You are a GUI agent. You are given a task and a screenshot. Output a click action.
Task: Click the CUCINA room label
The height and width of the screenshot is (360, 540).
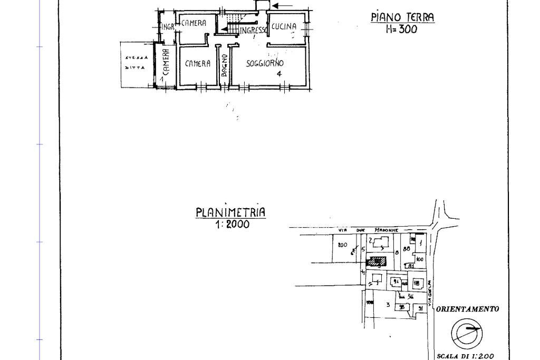tap(284, 26)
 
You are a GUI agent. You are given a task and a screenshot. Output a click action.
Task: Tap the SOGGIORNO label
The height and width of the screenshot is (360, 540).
tap(265, 63)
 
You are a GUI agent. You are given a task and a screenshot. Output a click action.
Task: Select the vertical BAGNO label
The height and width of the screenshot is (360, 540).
tap(224, 65)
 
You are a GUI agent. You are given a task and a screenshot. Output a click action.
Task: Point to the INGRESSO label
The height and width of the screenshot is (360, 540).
tap(254, 31)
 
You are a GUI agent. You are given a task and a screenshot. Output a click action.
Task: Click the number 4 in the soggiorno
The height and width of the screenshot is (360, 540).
tap(279, 73)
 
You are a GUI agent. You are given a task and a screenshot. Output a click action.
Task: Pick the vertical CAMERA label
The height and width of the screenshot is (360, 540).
tap(166, 62)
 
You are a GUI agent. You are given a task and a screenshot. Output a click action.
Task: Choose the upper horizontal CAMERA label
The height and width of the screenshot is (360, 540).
tap(194, 24)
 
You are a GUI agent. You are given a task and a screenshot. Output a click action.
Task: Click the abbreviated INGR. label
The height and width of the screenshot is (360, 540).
tap(168, 27)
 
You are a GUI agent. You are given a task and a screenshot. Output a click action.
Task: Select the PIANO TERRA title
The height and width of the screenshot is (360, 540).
tap(403, 17)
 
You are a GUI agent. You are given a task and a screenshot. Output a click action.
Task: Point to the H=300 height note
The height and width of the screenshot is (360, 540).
tap(401, 30)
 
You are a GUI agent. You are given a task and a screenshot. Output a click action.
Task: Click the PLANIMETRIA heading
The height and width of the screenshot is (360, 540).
tap(231, 212)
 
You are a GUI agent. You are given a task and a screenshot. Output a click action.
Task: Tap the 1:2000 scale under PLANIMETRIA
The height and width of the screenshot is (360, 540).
tap(232, 225)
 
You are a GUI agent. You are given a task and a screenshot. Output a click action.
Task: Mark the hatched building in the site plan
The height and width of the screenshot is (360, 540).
tap(376, 261)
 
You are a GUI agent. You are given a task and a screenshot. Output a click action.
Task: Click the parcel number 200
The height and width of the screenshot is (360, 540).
tap(342, 245)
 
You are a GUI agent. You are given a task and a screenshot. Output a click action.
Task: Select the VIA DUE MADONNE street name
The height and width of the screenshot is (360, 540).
tap(369, 230)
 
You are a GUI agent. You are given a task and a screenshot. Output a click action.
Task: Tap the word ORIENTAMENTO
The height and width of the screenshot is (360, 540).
tap(467, 309)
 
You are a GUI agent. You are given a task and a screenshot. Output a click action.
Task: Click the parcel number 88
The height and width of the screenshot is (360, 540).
tap(407, 248)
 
